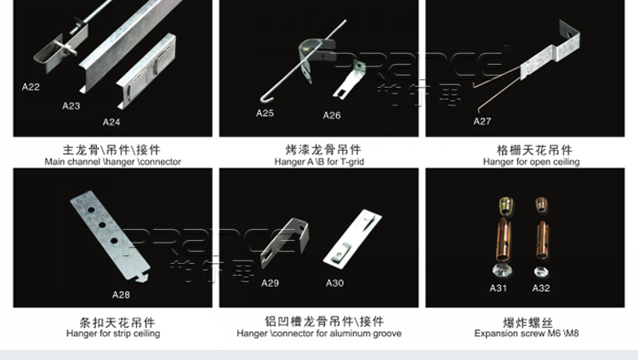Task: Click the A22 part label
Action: (x=31, y=87)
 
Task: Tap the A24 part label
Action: (x=111, y=123)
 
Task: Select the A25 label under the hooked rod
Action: (x=265, y=113)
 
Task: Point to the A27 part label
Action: (x=482, y=121)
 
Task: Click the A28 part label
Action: (x=122, y=294)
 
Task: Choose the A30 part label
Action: (x=335, y=283)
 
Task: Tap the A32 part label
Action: (x=541, y=289)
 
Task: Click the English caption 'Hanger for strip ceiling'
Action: (x=113, y=334)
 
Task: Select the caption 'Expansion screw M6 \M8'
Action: (x=527, y=334)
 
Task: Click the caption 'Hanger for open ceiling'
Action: (x=532, y=162)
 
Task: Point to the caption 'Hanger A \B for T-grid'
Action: (x=319, y=162)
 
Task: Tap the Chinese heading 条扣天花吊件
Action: (x=117, y=323)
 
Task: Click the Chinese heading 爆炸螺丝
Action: (x=527, y=323)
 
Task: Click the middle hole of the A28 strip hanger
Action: (x=102, y=226)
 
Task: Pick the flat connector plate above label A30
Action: (x=352, y=239)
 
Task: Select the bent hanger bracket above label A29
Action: (x=285, y=243)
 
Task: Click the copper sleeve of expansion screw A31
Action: (x=504, y=240)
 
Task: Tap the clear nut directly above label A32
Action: (x=541, y=271)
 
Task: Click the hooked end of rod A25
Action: (x=264, y=100)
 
